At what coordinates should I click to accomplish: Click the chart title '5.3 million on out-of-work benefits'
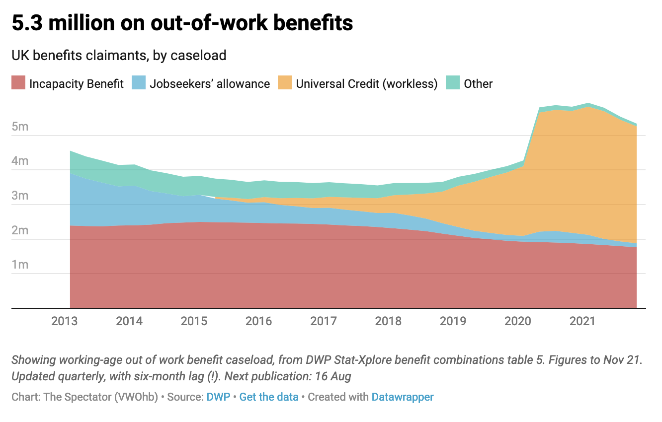point(182,23)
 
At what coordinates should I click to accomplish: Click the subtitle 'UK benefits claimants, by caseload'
point(119,55)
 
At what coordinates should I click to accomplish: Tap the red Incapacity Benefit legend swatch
point(18,83)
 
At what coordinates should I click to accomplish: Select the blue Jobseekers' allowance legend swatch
point(139,83)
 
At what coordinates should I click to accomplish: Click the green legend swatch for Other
point(452,83)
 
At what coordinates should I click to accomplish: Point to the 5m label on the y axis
point(20,127)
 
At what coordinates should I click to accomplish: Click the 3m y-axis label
point(20,196)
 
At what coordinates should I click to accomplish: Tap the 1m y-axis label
point(20,265)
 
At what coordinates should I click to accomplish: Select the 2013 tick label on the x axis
point(65,321)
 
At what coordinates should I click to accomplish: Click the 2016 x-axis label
point(259,321)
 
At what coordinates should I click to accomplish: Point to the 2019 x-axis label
point(453,321)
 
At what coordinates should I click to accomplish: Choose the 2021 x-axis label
point(582,321)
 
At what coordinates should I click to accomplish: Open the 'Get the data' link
point(269,397)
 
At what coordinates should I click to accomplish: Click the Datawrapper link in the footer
point(403,397)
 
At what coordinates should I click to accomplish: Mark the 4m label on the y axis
point(20,161)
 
